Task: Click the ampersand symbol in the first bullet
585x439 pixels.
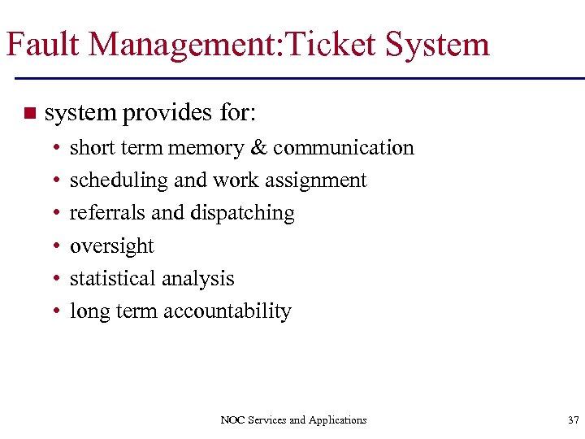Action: click(258, 148)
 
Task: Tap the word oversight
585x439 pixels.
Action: click(112, 246)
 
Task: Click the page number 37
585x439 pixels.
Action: click(573, 420)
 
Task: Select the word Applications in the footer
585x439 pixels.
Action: click(337, 420)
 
